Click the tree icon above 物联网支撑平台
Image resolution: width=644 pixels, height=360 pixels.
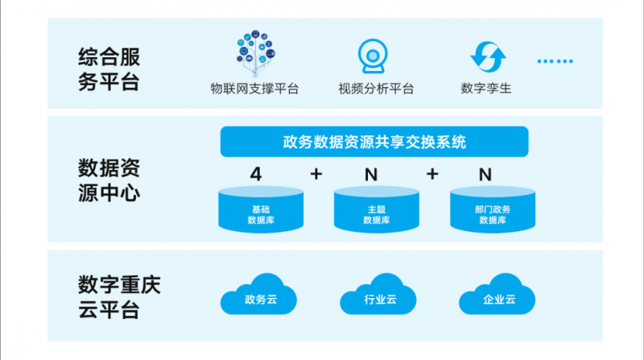[254, 50]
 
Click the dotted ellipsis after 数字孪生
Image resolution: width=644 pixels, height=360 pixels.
[555, 60]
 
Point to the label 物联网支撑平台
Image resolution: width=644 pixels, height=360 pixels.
[254, 89]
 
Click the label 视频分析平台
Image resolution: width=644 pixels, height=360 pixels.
[376, 89]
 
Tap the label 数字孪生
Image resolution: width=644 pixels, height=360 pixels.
[486, 89]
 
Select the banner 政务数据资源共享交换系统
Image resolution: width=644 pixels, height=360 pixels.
[374, 143]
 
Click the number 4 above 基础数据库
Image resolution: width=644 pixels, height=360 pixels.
[256, 174]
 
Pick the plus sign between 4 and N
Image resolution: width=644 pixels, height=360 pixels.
[316, 174]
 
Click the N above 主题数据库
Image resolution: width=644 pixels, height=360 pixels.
[371, 174]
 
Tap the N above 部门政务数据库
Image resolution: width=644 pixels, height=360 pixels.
[485, 174]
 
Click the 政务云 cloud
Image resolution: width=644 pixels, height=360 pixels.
[260, 296]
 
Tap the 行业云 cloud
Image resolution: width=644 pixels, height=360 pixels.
[379, 296]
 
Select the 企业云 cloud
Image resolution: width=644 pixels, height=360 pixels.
[498, 296]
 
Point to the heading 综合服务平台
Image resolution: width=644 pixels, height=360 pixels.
[109, 70]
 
